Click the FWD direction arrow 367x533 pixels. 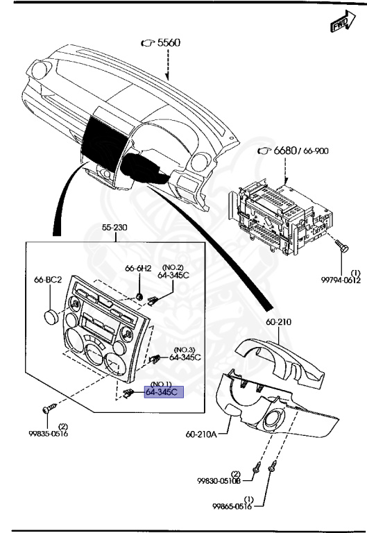(341, 26)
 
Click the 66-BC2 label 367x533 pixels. (49, 280)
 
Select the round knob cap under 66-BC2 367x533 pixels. (50, 316)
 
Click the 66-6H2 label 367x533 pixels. (138, 268)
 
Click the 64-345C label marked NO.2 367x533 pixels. (173, 275)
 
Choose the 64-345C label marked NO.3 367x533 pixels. (184, 357)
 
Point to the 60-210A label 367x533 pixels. (202, 434)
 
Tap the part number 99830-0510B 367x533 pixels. (219, 480)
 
